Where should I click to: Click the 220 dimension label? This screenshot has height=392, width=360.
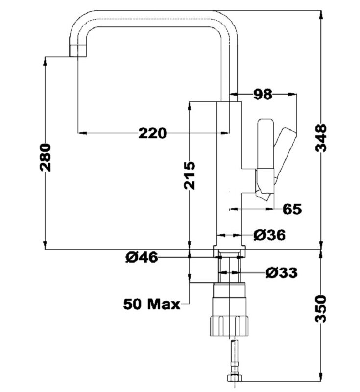coord(152,133)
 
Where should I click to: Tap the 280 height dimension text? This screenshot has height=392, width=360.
coord(45,157)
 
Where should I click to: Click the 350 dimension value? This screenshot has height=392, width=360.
coord(321,309)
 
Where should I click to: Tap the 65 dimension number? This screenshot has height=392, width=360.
coord(292,209)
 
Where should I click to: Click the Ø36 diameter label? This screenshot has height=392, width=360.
coord(269,235)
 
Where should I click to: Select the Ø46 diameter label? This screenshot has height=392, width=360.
coord(142,257)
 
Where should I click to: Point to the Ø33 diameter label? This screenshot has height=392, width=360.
coord(282,272)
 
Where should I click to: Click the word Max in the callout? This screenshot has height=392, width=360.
coord(164,304)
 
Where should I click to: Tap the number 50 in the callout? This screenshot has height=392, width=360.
coord(133,304)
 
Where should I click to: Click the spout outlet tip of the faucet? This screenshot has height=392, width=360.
coord(77,51)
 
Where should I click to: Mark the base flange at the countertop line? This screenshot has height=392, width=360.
coord(229,251)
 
